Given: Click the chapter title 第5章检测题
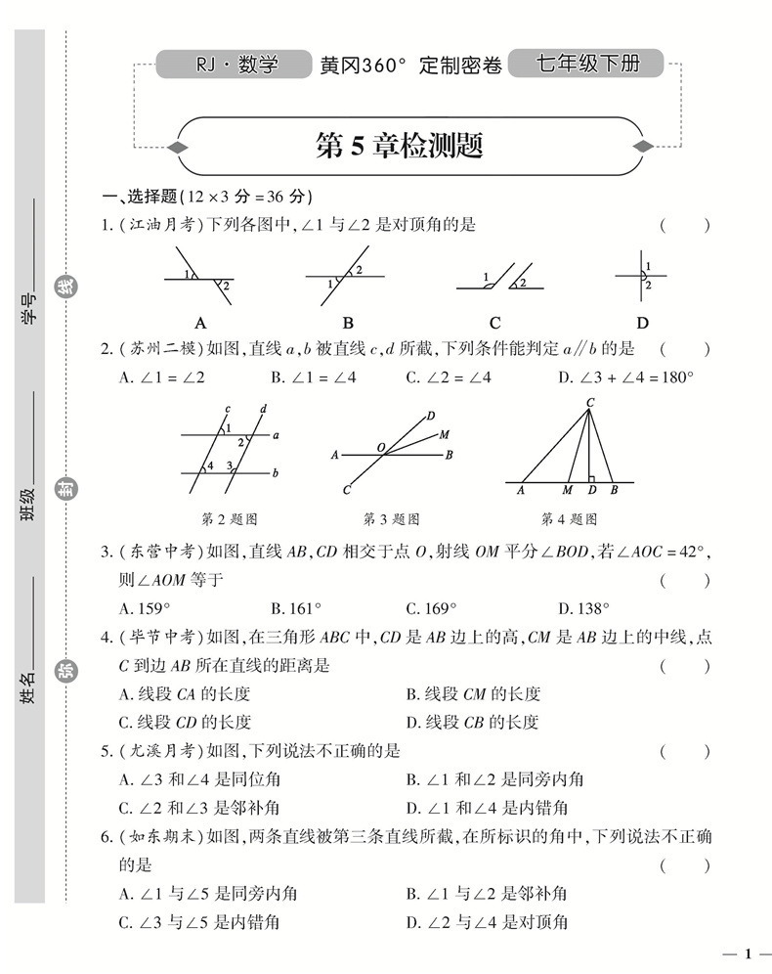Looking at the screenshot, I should coord(400,147).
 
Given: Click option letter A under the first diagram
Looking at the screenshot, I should coord(200,323).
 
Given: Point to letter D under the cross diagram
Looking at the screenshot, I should coord(642,323).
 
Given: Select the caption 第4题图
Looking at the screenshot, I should coord(569,518).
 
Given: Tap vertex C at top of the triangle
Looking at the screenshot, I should coord(590,402).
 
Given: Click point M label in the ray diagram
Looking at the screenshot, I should coord(445,434).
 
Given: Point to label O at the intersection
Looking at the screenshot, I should coord(381,446).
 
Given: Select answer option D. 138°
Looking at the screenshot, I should coord(584,607).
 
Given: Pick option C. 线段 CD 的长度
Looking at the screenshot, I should coord(185,723).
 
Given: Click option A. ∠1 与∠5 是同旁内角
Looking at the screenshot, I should coord(199,893).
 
